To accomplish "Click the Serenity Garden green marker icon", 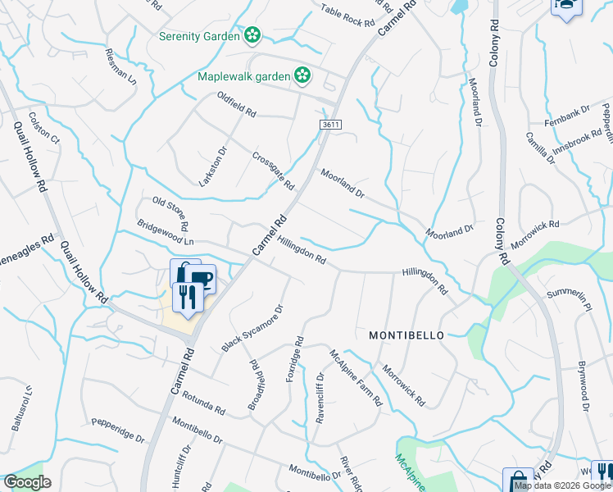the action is pos(252,35).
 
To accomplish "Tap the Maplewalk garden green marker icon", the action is pos(302,75).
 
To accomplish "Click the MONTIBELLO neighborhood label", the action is pos(406,335).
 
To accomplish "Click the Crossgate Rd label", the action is pos(273,171).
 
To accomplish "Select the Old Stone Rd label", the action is pos(171,212).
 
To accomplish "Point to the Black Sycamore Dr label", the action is pos(252,329).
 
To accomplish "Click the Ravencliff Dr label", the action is pos(320,399).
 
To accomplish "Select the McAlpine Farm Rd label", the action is pos(356,378).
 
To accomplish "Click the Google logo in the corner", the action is pos(27,482).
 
